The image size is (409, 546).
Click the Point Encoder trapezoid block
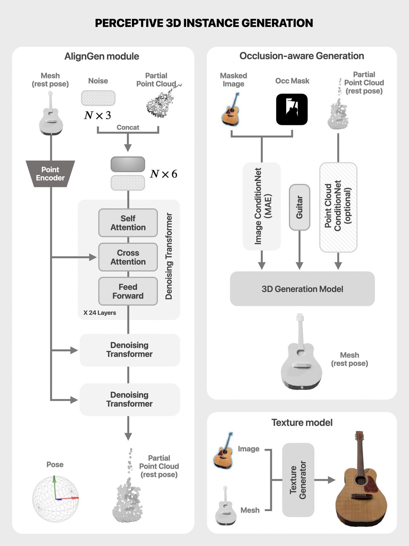[50, 174]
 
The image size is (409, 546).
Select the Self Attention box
[128, 223]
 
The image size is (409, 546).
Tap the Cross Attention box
[128, 257]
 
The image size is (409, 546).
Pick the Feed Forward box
[128, 291]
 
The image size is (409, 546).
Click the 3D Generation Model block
[302, 289]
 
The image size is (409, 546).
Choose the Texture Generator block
[298, 480]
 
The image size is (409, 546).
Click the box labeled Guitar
[299, 207]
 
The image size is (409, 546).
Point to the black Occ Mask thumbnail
[292, 109]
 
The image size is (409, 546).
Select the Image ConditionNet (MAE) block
[262, 206]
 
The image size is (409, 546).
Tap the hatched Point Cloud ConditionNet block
[338, 207]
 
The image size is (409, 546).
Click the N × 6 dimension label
[164, 174]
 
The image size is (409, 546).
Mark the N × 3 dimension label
[98, 115]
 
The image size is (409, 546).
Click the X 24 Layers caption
[100, 313]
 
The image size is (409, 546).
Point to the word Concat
[128, 127]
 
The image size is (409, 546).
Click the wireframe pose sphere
[55, 499]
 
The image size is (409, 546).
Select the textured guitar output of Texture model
[361, 479]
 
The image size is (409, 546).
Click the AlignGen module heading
[102, 56]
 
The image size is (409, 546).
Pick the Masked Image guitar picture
[231, 109]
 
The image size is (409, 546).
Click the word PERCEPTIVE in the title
[129, 23]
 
